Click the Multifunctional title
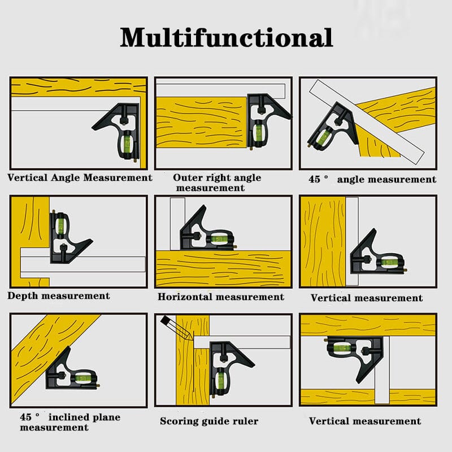point(226,37)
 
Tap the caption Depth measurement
point(59,295)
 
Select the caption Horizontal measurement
point(220,297)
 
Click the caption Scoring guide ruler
point(209,421)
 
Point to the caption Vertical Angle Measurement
point(80,177)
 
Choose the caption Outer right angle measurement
point(217,182)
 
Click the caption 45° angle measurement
point(372,179)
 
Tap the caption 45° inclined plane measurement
point(70,422)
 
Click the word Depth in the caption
point(22,295)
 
